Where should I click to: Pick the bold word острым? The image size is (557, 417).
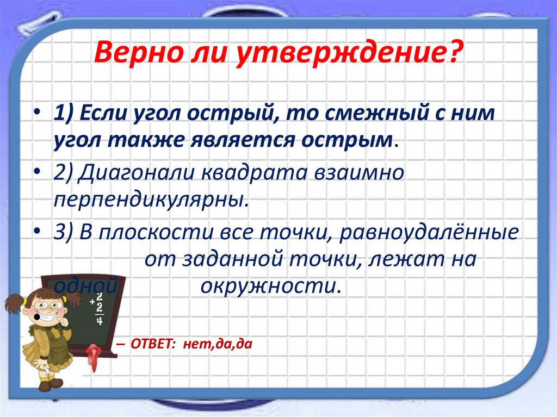(349, 141)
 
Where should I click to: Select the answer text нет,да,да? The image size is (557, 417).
(218, 345)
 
